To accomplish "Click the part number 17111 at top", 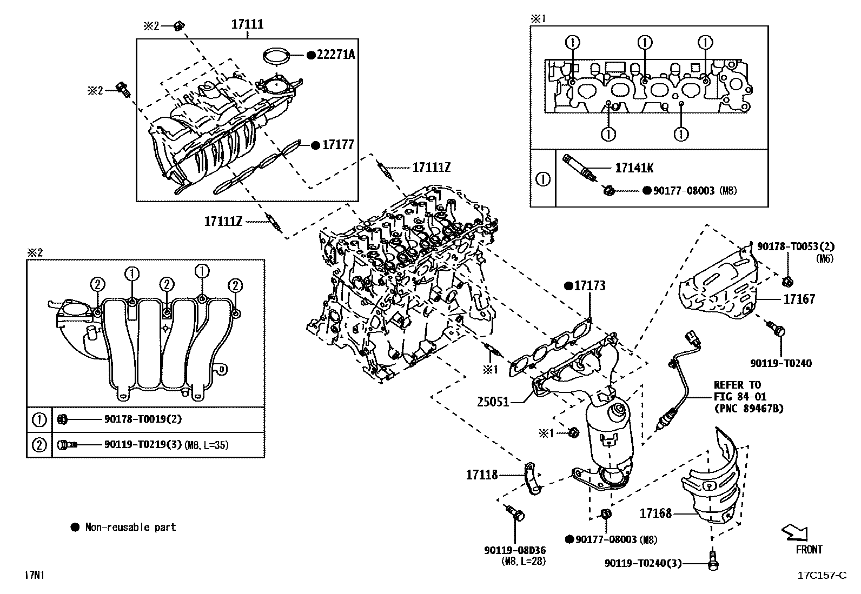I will (x=247, y=24).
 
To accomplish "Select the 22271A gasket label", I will (x=335, y=55).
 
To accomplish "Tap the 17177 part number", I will (x=338, y=145).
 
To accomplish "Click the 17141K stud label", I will (x=634, y=168).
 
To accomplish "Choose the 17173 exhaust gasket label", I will (x=590, y=286).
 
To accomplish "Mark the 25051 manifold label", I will (x=493, y=402).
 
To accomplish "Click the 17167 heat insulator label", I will (x=799, y=299).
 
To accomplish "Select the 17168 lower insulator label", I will (x=655, y=513).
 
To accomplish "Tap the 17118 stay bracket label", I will (x=482, y=475).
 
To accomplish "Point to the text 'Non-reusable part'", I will (x=130, y=527).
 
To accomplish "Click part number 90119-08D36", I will (x=515, y=550).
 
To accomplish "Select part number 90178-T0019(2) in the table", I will (x=142, y=419).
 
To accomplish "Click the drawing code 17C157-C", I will (x=822, y=575).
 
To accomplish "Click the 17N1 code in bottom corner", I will (x=34, y=575).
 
